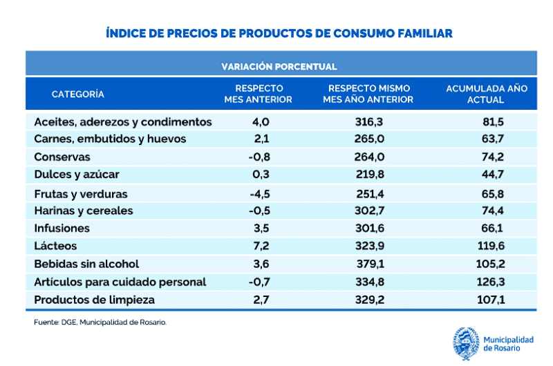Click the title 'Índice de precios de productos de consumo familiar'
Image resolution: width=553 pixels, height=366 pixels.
(279, 32)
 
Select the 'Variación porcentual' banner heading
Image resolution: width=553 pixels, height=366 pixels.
(279, 67)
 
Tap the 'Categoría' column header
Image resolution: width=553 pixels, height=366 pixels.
(78, 94)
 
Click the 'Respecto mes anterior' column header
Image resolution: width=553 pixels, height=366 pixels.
(259, 94)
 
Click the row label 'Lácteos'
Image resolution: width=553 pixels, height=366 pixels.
(55, 246)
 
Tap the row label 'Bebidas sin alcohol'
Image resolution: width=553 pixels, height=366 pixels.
(86, 264)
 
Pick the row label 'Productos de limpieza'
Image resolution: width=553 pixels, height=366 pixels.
(94, 300)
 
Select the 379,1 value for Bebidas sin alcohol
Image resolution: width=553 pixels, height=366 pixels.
(368, 264)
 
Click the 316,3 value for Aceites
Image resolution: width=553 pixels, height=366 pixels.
(368, 122)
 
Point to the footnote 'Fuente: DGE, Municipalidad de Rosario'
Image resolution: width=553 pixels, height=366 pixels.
(100, 322)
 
